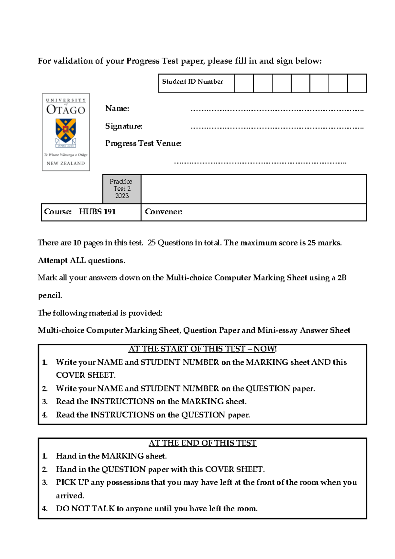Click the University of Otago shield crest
point(66,131)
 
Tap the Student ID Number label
point(192,82)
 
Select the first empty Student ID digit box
point(244,83)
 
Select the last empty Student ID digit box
point(357,83)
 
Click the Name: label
point(117,109)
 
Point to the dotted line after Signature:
point(277,127)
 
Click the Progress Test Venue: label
point(143,144)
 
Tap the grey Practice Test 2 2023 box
point(121,189)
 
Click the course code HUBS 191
point(97,212)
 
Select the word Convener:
point(163,212)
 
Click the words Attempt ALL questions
point(81,260)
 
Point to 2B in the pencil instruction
point(342,278)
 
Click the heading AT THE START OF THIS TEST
point(202,349)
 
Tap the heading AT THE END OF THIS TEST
point(202,443)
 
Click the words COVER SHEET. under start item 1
point(86,375)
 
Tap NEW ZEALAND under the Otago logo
point(66,163)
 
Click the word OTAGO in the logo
point(66,110)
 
